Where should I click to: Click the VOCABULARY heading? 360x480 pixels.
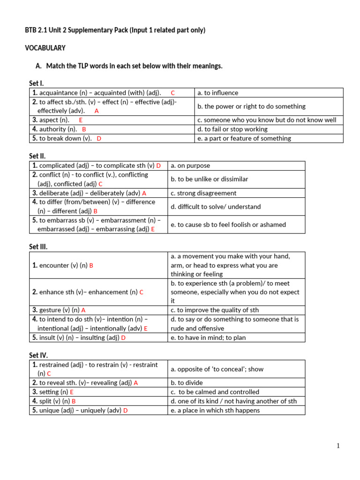[45, 48]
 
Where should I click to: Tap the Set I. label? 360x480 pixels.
[36, 83]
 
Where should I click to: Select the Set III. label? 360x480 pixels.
[38, 247]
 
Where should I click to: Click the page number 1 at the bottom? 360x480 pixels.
[338, 446]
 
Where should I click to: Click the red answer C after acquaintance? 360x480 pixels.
[172, 93]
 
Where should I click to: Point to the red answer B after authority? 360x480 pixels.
[84, 129]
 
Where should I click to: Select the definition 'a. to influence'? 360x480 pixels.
[217, 93]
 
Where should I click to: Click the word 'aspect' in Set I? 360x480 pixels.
[49, 120]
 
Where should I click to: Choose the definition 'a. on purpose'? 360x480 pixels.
[190, 165]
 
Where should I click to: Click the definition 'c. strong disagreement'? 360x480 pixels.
[203, 193]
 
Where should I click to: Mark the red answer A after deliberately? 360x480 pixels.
[144, 193]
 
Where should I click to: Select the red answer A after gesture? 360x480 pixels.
[83, 310]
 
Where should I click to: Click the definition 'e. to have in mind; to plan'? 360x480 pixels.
[208, 337]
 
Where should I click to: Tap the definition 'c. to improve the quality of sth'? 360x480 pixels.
[215, 310]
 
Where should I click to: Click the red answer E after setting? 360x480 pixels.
[72, 392]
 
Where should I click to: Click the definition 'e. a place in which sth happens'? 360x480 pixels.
[215, 410]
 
